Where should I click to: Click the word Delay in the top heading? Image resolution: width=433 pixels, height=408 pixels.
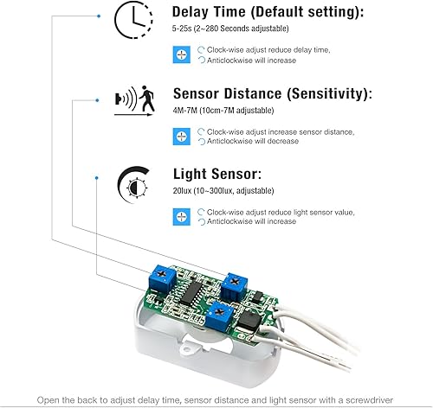click(193, 13)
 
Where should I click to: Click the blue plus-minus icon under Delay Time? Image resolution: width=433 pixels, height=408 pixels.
click(181, 54)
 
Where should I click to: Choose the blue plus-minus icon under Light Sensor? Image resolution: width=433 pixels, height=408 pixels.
click(181, 215)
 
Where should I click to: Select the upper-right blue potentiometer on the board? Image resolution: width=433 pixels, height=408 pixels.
click(235, 280)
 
